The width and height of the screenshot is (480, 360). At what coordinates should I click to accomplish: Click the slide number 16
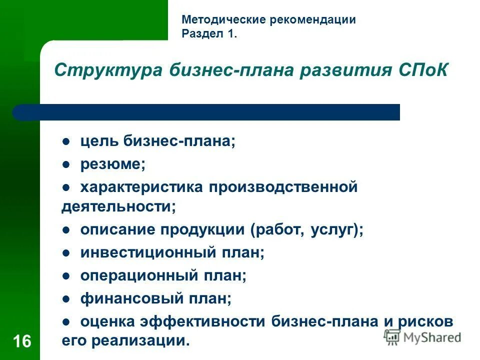[x=21, y=341]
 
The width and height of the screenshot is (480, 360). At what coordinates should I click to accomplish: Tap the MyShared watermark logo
[x=423, y=337]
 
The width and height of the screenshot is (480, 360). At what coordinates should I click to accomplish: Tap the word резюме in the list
[x=113, y=164]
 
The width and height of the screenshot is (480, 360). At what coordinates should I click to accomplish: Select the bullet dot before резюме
[x=65, y=163]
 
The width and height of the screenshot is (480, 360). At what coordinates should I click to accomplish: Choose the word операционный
[x=140, y=275]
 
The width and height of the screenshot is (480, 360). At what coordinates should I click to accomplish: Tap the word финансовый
[x=131, y=299]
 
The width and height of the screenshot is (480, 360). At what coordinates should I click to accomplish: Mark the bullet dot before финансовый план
[x=65, y=299]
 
